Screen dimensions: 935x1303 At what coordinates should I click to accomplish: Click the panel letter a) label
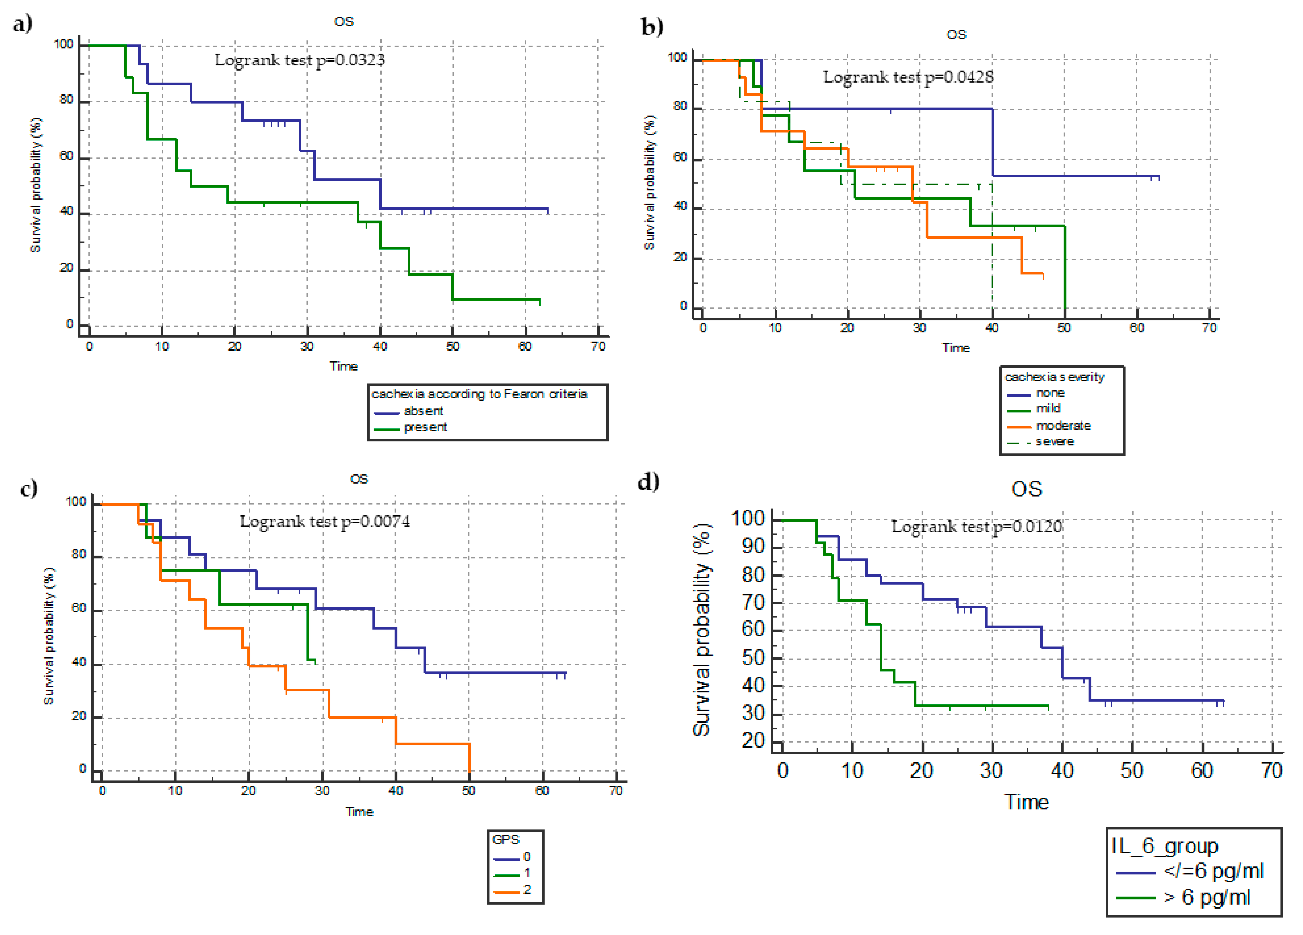pos(23,24)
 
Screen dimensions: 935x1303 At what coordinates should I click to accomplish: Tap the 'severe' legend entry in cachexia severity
pos(1054,441)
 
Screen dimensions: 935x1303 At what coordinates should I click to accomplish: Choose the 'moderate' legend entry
pos(1063,425)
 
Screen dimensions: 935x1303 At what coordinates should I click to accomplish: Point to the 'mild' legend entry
pos(1048,408)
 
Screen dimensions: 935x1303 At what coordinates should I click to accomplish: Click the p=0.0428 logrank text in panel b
pos(908,77)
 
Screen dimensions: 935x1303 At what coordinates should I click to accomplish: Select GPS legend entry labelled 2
pos(527,890)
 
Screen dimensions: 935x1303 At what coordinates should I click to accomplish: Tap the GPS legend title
pos(506,839)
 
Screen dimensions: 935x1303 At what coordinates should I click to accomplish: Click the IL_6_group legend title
pos(1165,846)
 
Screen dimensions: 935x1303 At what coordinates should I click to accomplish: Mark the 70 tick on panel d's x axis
pos(1272,770)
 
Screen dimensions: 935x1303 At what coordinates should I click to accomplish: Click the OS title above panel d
pos(1026,489)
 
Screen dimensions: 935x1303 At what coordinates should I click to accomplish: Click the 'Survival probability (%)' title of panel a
pos(36,185)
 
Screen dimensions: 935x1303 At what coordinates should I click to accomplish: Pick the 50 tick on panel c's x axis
pos(469,791)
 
